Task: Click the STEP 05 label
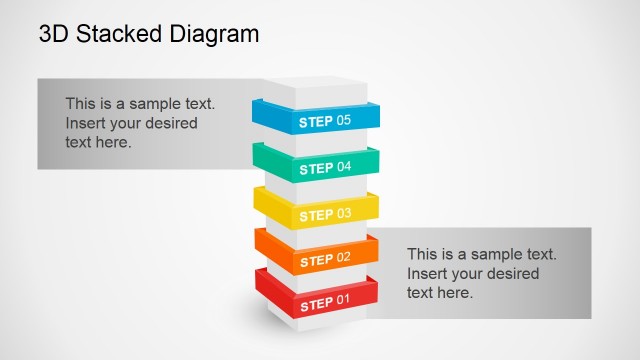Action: tap(325, 121)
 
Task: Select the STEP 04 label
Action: tap(325, 167)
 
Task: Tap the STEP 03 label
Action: tap(325, 214)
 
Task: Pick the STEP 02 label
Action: tap(325, 259)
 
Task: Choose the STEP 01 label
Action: tap(325, 301)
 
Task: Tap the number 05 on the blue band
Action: tap(344, 121)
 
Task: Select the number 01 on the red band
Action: tap(344, 301)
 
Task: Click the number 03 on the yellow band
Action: tap(344, 214)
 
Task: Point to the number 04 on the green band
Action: tap(344, 167)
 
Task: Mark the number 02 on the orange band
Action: tap(344, 259)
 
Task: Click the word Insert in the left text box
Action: tap(86, 123)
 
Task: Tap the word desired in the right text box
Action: tap(512, 273)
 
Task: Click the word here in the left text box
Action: tap(115, 142)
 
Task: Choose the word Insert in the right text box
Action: tap(427, 273)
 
